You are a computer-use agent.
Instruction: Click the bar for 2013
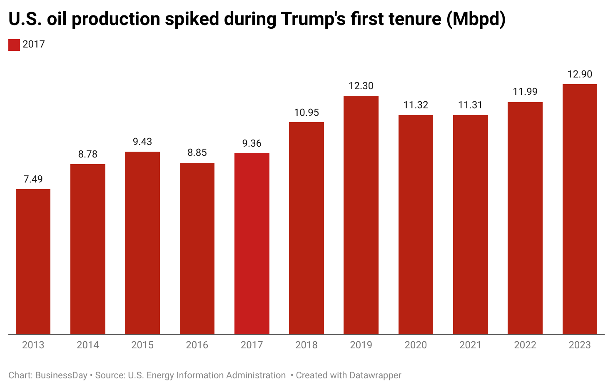[x=33, y=262]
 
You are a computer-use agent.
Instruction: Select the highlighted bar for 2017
[x=252, y=244]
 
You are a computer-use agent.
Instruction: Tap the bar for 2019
[x=361, y=215]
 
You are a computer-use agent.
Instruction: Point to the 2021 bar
[x=471, y=225]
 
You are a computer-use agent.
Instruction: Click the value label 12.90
[x=580, y=74]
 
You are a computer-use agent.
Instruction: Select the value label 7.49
[x=33, y=179]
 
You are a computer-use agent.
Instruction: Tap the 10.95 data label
[x=306, y=112]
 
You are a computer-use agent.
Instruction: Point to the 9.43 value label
[x=142, y=142]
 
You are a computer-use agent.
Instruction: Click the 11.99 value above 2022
[x=525, y=92]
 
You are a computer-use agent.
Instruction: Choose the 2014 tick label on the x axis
[x=88, y=345]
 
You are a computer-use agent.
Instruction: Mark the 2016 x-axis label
[x=197, y=345]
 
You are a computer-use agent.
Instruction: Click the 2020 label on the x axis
[x=416, y=345]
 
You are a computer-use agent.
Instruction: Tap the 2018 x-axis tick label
[x=306, y=345]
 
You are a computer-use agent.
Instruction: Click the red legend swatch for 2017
[x=14, y=45]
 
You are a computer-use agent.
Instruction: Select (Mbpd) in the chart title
[x=476, y=19]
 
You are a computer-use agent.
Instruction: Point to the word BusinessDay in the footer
[x=61, y=375]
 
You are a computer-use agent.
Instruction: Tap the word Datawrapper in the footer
[x=375, y=375]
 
